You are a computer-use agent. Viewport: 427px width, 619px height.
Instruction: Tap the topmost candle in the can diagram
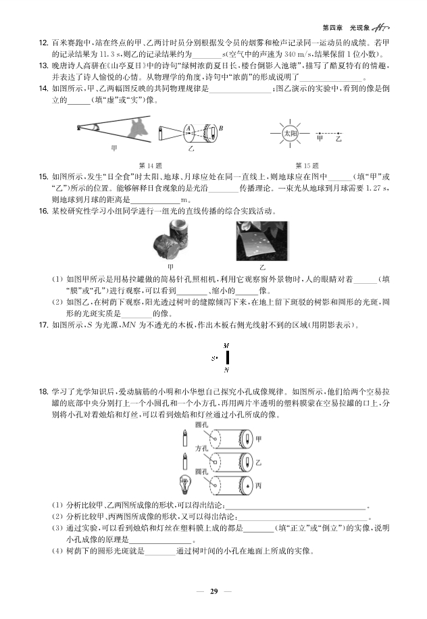184,439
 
